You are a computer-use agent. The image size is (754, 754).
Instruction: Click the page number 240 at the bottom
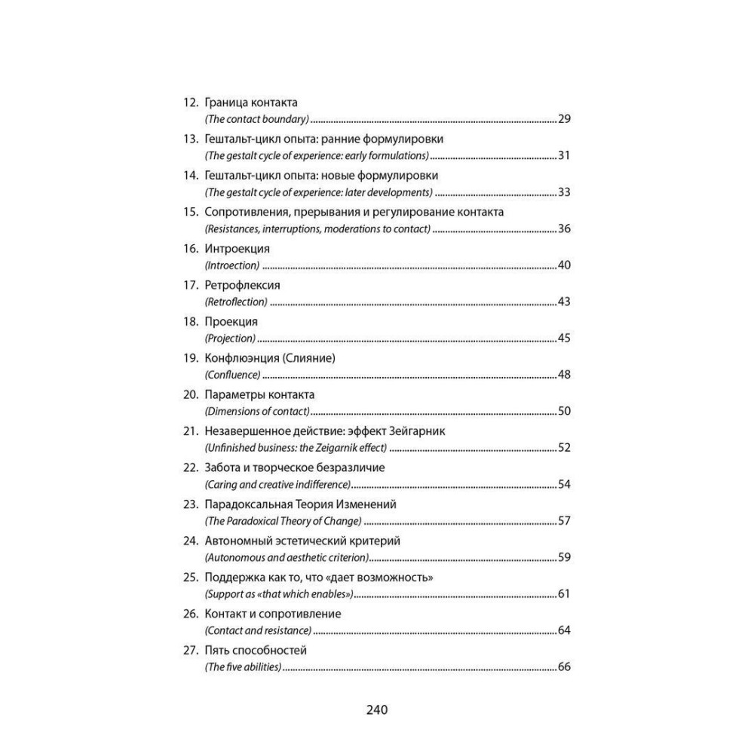(376, 710)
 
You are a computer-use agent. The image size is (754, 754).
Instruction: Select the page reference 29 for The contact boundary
(563, 119)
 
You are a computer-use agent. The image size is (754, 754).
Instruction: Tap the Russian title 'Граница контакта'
(251, 103)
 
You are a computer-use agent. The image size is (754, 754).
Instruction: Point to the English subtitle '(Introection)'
(231, 265)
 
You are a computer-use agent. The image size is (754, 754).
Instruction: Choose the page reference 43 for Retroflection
(563, 302)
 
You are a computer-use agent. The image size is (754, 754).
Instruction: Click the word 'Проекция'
(231, 321)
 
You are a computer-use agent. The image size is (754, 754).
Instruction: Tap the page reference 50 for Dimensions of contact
(563, 412)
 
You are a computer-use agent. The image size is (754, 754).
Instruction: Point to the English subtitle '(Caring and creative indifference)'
(277, 485)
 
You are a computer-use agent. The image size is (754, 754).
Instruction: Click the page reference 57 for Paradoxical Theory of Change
(563, 521)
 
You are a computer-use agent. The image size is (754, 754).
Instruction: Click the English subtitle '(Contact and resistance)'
(258, 630)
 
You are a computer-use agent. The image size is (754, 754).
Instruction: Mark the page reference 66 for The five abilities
(563, 667)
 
